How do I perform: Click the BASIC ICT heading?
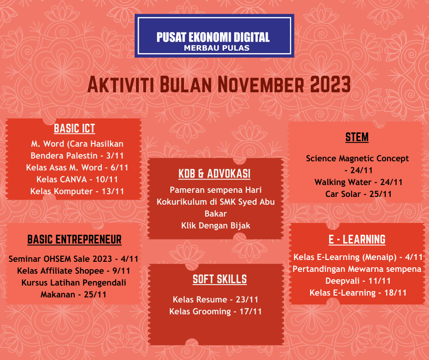74,128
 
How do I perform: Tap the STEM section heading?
357,137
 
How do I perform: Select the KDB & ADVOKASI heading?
214,174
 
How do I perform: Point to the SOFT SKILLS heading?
220,279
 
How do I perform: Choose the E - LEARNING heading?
357,239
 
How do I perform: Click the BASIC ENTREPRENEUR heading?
74,239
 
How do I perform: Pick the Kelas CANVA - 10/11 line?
74,179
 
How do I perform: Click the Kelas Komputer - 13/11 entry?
77,191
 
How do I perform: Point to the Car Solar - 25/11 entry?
359,194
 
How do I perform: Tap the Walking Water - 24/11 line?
359,182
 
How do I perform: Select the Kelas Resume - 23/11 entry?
215,300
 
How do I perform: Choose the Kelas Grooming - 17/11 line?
215,312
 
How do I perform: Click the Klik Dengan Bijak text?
215,225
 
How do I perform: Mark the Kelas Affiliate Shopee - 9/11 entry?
73,270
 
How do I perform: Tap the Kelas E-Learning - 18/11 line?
358,292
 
